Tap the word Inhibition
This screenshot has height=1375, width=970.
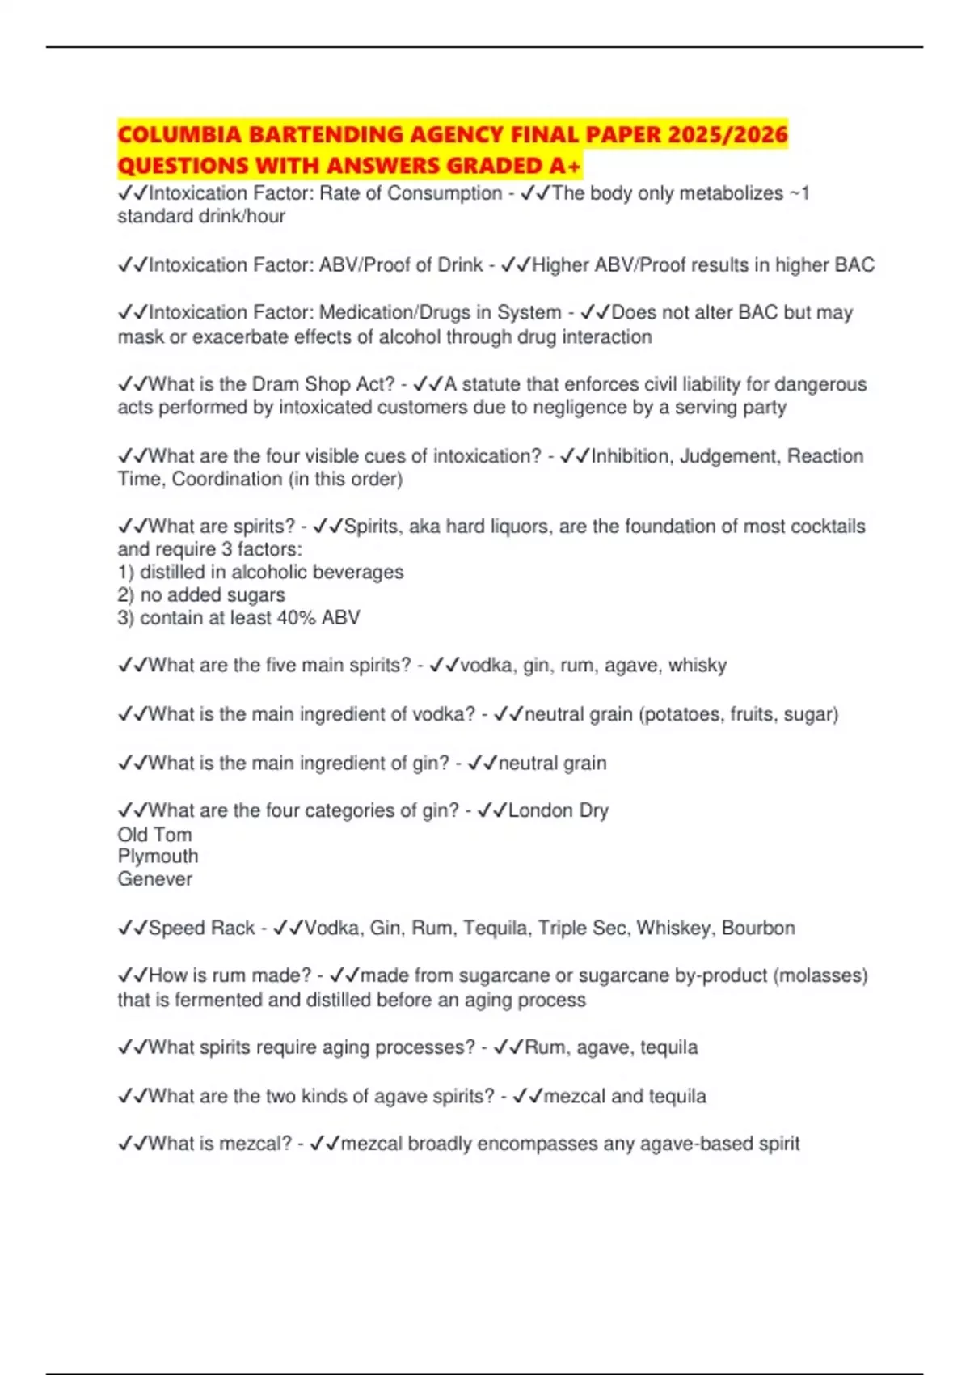coord(630,456)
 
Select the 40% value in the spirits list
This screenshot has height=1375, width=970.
coord(295,618)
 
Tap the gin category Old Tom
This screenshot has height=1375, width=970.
coord(154,834)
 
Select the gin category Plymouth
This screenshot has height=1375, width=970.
coord(158,856)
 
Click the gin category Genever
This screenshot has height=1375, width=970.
coord(154,879)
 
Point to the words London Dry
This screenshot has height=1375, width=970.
coord(558,810)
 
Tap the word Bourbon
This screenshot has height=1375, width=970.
coord(758,928)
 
